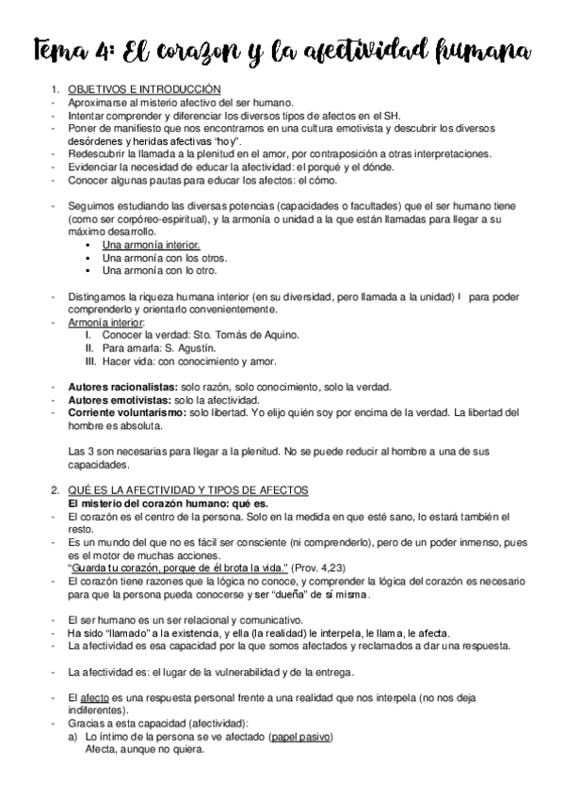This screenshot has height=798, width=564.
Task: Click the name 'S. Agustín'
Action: [x=201, y=348]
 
